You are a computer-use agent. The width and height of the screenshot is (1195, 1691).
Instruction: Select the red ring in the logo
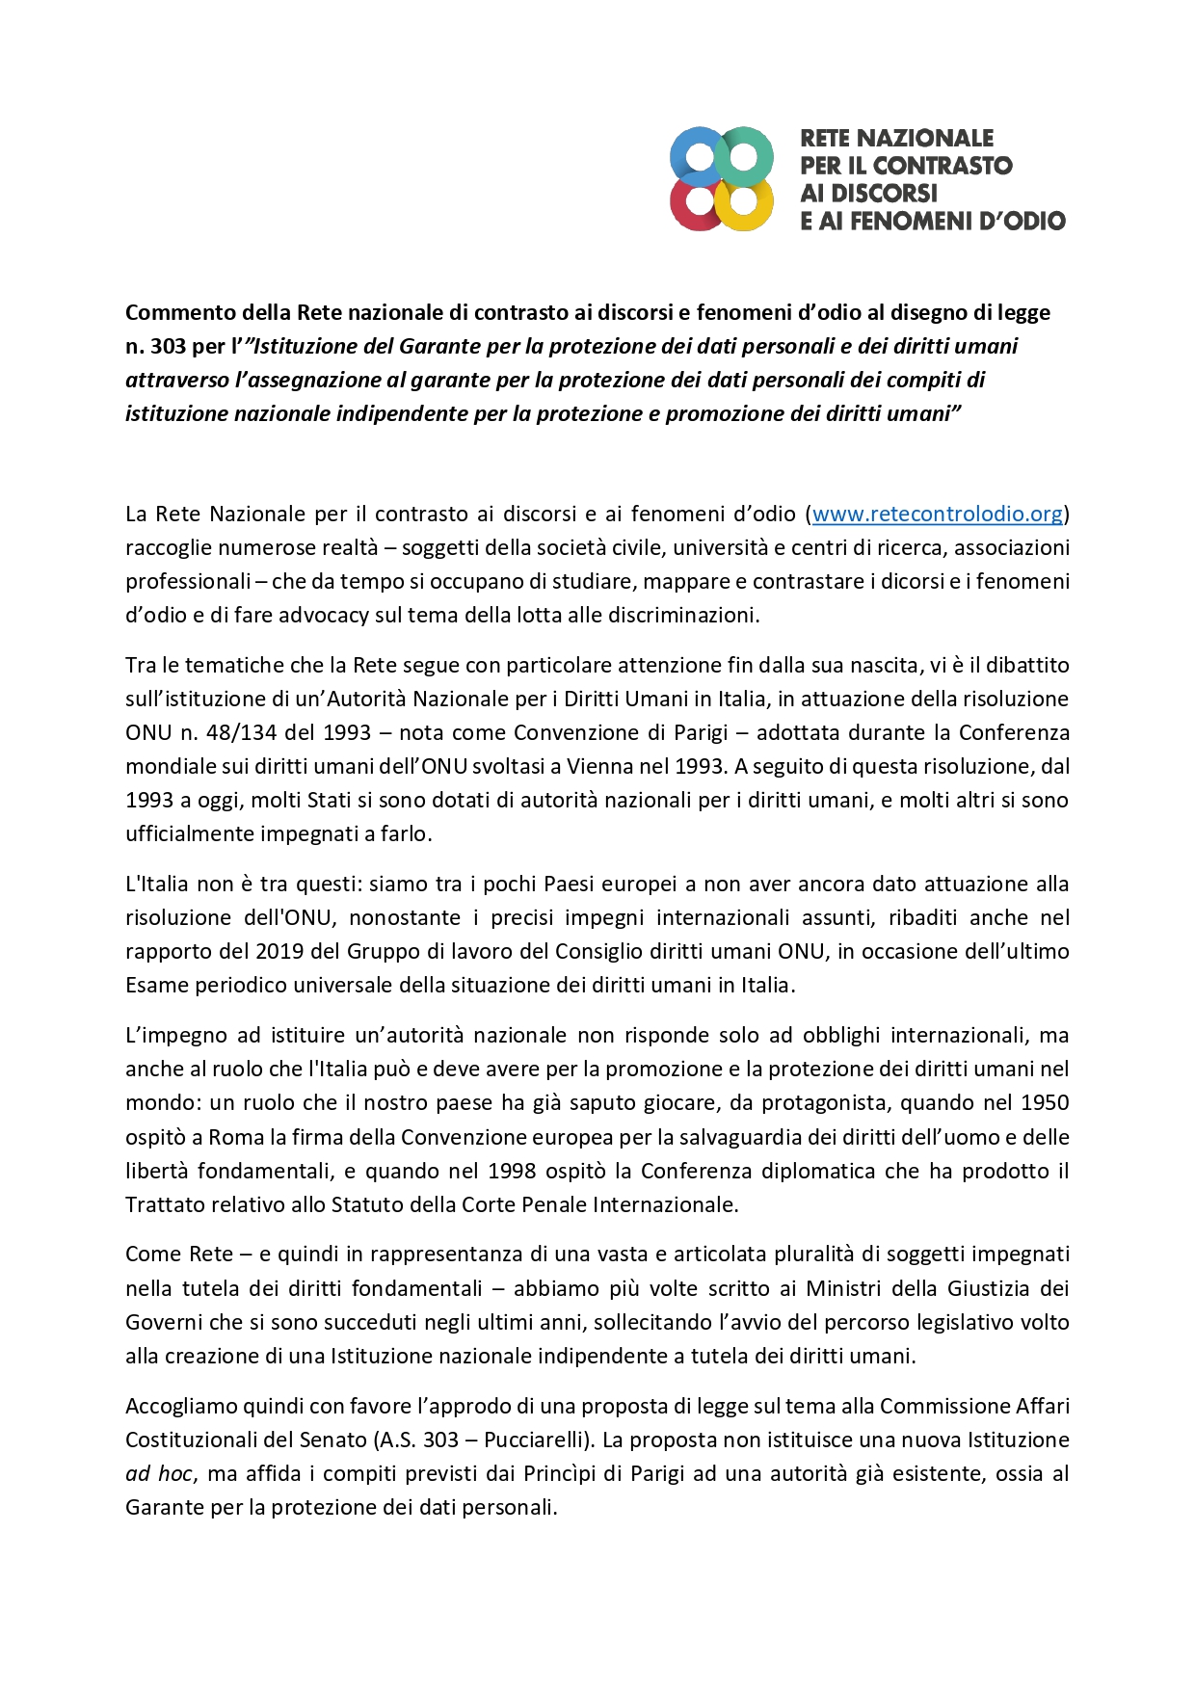pyautogui.click(x=697, y=203)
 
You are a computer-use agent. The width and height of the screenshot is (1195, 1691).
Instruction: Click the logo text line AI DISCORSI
pyautogui.click(x=868, y=193)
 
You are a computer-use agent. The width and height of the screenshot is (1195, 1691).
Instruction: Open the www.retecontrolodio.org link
pyautogui.click(x=937, y=514)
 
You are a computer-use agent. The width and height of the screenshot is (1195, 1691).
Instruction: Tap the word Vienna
pyautogui.click(x=599, y=766)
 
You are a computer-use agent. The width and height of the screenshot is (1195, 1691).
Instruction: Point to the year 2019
pyautogui.click(x=279, y=951)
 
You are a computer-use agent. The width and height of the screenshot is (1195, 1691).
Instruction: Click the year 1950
pyautogui.click(x=1045, y=1102)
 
